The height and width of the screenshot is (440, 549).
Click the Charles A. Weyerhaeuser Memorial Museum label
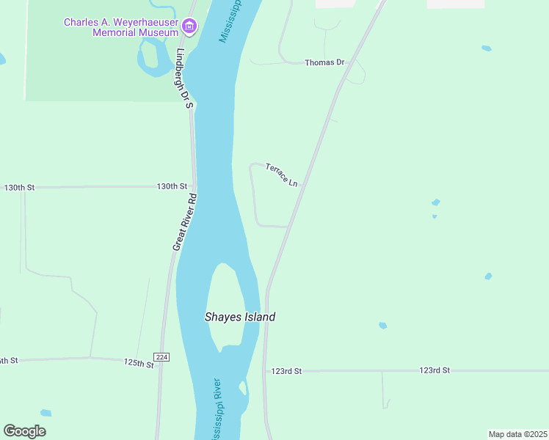click(x=121, y=27)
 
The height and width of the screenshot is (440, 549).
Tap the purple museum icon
click(x=189, y=28)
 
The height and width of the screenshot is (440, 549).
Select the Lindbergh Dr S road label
click(x=184, y=78)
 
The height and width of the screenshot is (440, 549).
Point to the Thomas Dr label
click(x=324, y=63)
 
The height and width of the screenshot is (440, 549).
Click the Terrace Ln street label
click(x=282, y=174)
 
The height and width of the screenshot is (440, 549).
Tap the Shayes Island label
click(x=239, y=317)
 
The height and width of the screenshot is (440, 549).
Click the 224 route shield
click(x=162, y=357)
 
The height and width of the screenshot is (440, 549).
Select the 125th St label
click(x=139, y=363)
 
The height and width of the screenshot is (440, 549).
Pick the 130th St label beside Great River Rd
click(x=172, y=187)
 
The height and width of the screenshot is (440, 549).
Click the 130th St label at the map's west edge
click(x=19, y=188)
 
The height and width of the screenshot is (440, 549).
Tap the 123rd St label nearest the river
click(x=286, y=372)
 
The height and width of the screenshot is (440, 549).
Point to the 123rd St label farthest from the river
click(x=435, y=371)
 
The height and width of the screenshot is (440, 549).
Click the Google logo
click(x=25, y=431)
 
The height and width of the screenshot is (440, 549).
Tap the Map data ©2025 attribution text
click(x=517, y=434)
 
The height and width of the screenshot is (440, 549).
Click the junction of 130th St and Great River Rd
click(x=194, y=187)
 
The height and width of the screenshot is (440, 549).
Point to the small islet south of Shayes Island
click(x=243, y=388)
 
